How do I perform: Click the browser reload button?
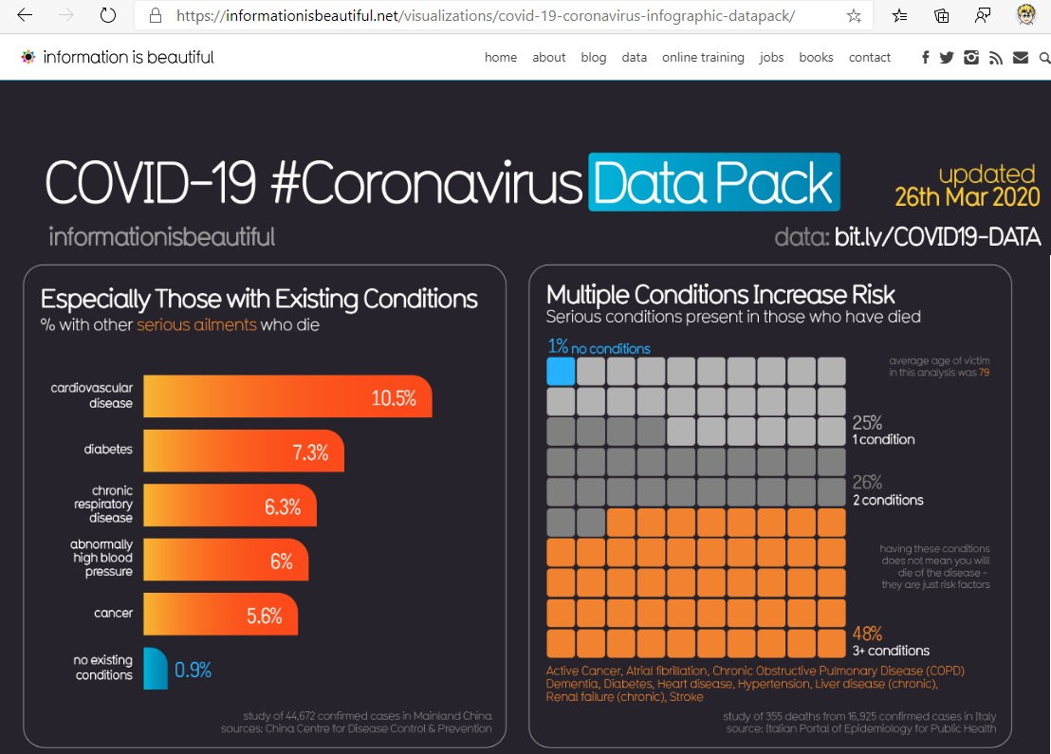pyautogui.click(x=108, y=16)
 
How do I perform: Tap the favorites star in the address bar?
pyautogui.click(x=854, y=16)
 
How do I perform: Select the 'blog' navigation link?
pyautogui.click(x=594, y=57)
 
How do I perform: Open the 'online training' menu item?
pyautogui.click(x=703, y=57)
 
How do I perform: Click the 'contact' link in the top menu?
pyautogui.click(x=870, y=57)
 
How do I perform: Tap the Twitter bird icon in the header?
pyautogui.click(x=947, y=57)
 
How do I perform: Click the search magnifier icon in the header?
pyautogui.click(x=1044, y=57)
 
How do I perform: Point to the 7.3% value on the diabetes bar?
pyautogui.click(x=310, y=452)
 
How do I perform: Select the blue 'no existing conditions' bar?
pyautogui.click(x=156, y=669)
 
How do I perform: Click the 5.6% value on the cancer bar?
pyautogui.click(x=265, y=616)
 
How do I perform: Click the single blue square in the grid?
pyautogui.click(x=562, y=371)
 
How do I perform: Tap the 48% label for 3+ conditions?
pyautogui.click(x=867, y=633)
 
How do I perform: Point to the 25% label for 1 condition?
pyautogui.click(x=867, y=422)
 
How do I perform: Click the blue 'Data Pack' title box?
pyautogui.click(x=714, y=182)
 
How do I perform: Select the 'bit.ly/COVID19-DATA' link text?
pyautogui.click(x=937, y=236)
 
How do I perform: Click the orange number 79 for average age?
pyautogui.click(x=984, y=373)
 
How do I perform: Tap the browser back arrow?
pyautogui.click(x=25, y=16)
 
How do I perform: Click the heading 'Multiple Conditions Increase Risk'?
pyautogui.click(x=721, y=294)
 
